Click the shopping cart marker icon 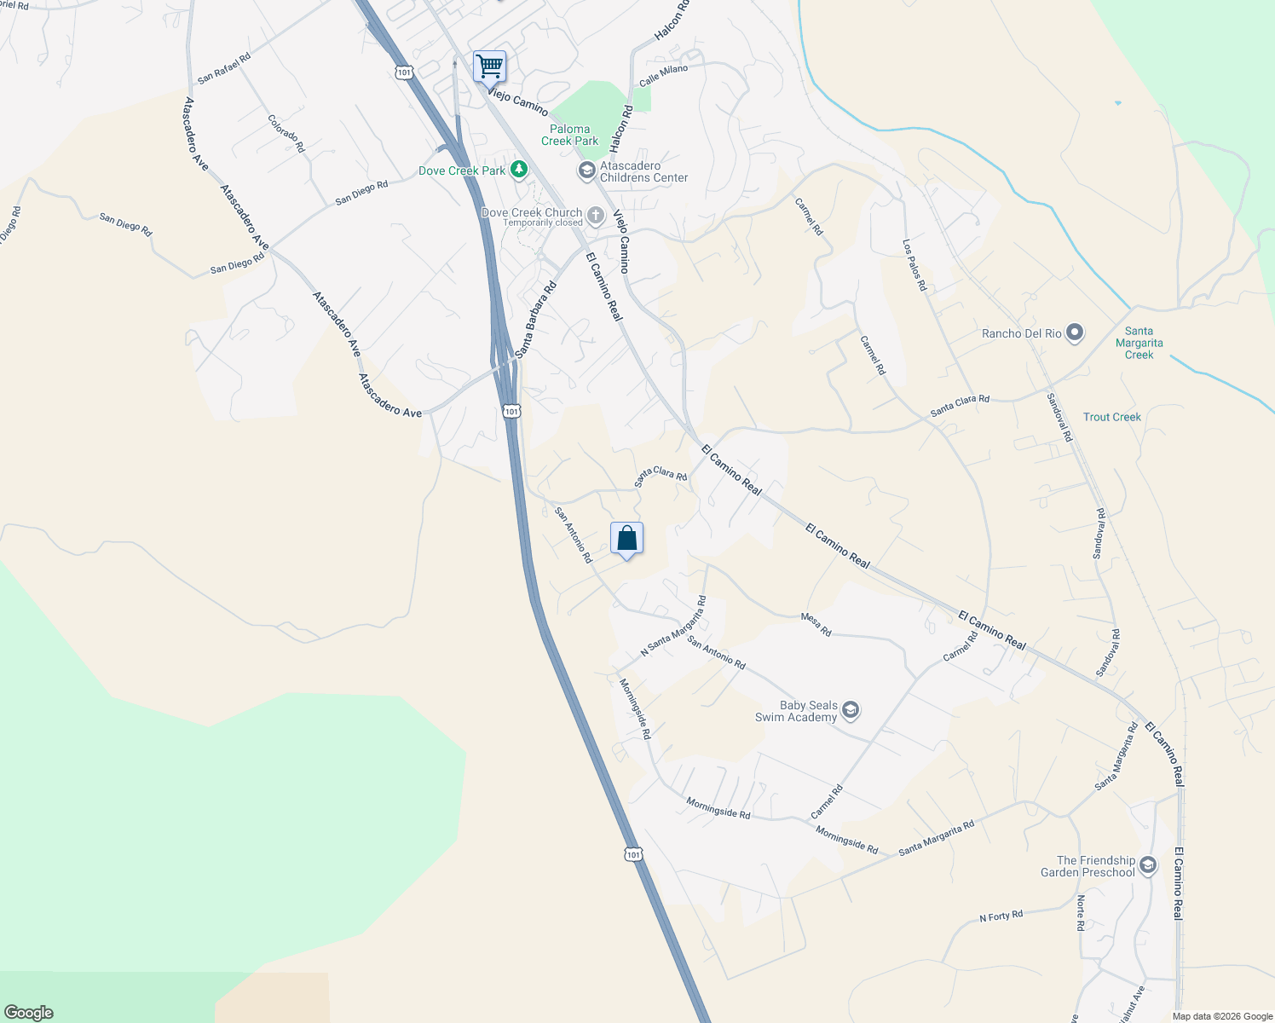point(489,66)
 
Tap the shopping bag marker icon point(626,539)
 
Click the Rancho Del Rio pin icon point(1075,333)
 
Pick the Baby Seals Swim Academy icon point(851,711)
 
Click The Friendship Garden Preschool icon point(1148,866)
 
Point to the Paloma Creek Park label point(570,135)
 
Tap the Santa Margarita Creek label point(1139,343)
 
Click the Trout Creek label point(1111,417)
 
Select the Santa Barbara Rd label point(535,319)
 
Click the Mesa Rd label point(816,625)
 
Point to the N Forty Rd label point(1001,916)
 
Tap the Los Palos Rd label point(914,265)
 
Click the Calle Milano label point(663,75)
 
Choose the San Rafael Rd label point(224,69)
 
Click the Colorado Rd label point(286,134)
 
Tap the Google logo point(28,1013)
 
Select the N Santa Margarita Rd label point(673,626)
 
